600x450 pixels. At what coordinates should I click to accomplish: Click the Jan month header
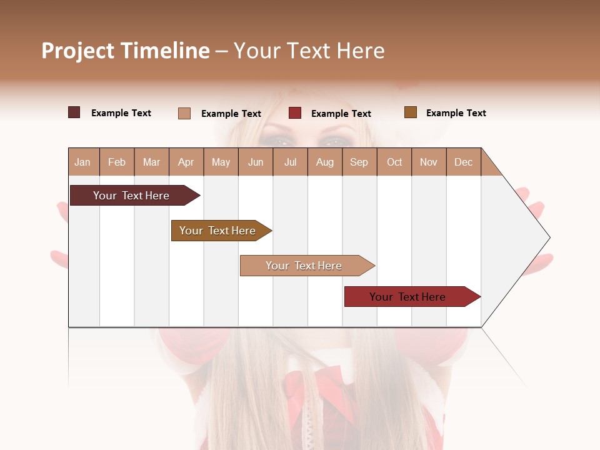pos(83,162)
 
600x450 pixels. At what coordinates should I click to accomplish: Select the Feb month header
pos(117,162)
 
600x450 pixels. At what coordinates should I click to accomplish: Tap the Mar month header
pos(151,162)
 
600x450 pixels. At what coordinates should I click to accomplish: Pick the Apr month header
pos(186,162)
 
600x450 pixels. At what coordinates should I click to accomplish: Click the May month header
pos(221,162)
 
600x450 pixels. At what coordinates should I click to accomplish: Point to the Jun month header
pos(256,162)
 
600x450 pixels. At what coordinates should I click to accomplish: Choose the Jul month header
pos(290,162)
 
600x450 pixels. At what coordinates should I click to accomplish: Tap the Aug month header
pos(325,162)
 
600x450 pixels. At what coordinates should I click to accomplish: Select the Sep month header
pos(359,162)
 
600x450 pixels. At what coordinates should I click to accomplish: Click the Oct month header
pos(394,162)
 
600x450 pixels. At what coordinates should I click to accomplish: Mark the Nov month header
pos(429,162)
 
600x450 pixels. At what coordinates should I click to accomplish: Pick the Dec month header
pos(464,162)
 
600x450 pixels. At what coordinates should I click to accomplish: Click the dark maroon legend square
pos(74,112)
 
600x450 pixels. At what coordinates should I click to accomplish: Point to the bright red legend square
pos(295,113)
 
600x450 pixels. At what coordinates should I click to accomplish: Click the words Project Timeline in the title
pos(126,51)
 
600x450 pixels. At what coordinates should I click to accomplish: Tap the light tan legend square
pos(184,113)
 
